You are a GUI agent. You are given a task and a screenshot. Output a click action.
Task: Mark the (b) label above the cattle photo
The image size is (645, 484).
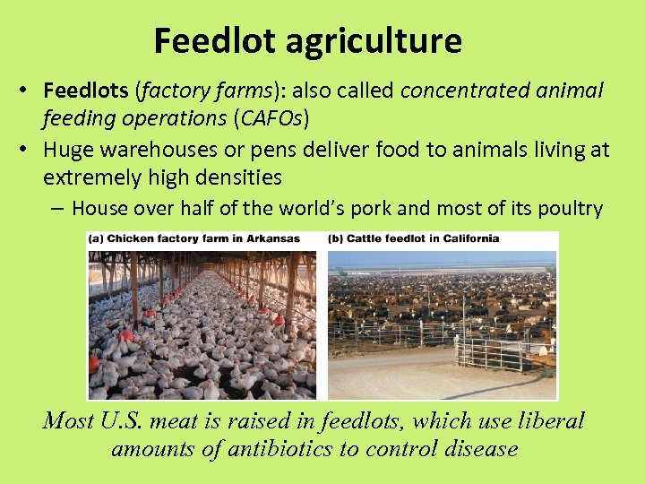(x=336, y=238)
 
